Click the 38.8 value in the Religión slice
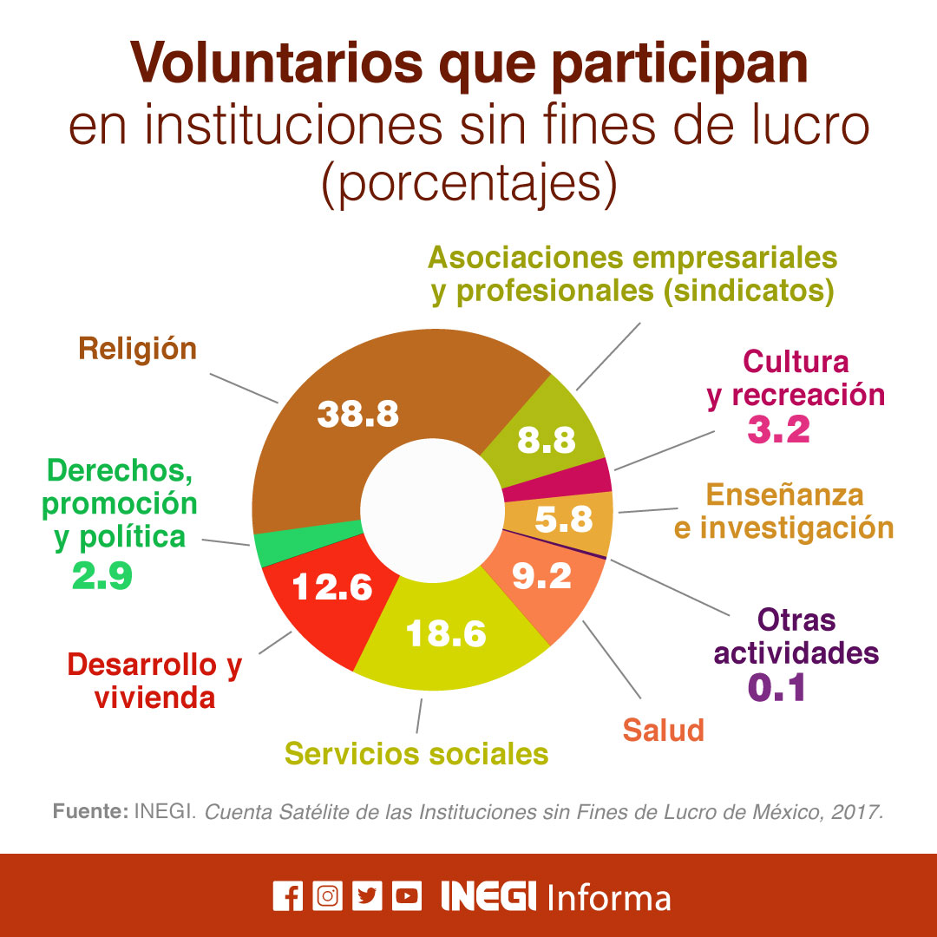pyautogui.click(x=357, y=414)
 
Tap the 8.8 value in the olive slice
pyautogui.click(x=547, y=441)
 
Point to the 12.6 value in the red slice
pyautogui.click(x=331, y=588)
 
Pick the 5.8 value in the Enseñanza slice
pyautogui.click(x=563, y=520)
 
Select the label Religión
pyautogui.click(x=137, y=349)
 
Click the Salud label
pyautogui.click(x=663, y=731)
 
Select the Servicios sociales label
pyautogui.click(x=416, y=753)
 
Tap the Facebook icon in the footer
pyautogui.click(x=287, y=896)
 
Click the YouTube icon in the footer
pyautogui.click(x=406, y=896)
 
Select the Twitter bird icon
pyautogui.click(x=367, y=896)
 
